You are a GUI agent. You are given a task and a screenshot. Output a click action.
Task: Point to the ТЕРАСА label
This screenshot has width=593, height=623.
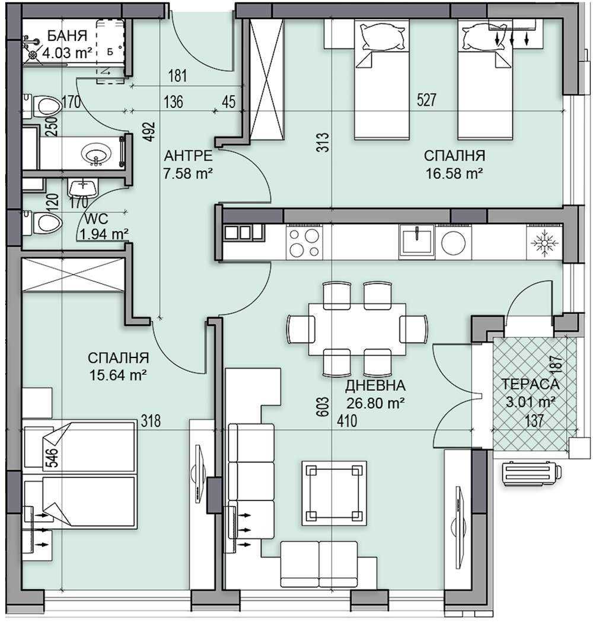pos(529,384)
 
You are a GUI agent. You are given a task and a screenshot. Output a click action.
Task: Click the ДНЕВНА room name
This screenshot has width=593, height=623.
pos(376,386)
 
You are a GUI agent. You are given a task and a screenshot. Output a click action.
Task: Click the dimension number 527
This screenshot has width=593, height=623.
pos(426,100)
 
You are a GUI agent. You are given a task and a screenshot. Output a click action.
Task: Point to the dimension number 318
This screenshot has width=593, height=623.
pos(151,421)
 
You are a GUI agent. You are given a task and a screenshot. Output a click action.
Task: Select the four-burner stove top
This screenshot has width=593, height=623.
pos(304,242)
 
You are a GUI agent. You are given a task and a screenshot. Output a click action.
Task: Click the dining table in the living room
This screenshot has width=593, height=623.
pos(357,329)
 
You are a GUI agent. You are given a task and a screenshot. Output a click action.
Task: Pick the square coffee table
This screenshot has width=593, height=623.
pos(334,492)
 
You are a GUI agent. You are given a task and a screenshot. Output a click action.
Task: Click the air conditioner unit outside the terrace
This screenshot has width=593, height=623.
pos(531,472)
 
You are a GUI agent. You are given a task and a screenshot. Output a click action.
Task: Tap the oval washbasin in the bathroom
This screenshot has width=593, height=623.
pos(96,155)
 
